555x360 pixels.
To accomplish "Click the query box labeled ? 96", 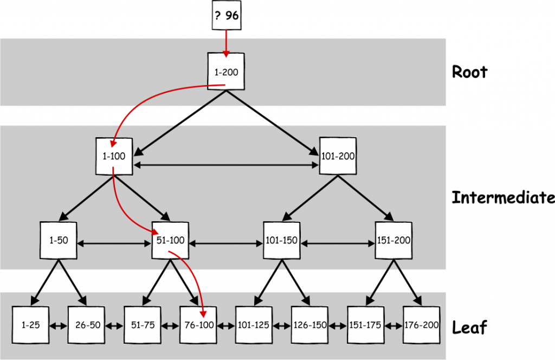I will [225, 16].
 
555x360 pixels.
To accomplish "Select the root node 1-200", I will [227, 72].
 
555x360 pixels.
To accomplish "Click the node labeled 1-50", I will [59, 240].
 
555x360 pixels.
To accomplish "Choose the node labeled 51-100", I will [170, 240].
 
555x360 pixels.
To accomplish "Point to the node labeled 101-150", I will [282, 240].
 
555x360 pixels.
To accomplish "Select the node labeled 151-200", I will [393, 240].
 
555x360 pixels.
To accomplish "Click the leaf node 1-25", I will [30, 325].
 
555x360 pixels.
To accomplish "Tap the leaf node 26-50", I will [86, 325].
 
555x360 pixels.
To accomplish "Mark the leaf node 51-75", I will [142, 325].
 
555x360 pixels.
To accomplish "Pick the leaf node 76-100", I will [198, 325].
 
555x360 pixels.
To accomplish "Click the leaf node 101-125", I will [254, 325].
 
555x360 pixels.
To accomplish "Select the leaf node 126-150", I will [309, 325].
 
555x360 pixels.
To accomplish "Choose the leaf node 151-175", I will [365, 325].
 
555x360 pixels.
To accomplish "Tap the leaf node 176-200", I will [421, 325].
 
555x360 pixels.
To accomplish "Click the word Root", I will [469, 72].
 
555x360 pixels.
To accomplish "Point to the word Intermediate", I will [503, 198].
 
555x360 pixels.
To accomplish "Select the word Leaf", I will [469, 327].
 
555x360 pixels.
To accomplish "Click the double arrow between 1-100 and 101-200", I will [225, 164].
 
